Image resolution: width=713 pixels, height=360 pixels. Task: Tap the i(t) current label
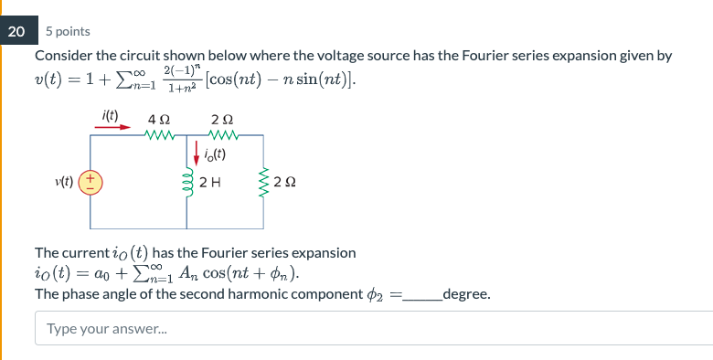click(110, 114)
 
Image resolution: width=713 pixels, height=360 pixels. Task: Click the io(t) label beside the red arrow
click(215, 153)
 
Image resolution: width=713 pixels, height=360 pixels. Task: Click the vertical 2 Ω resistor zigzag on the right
click(264, 181)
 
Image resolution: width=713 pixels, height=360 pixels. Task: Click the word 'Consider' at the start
click(61, 56)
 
